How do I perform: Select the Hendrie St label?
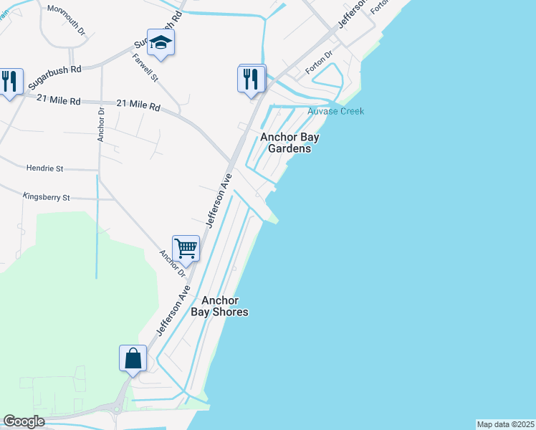[x=44, y=168]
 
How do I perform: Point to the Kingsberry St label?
[x=46, y=196]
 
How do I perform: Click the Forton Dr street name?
[x=320, y=63]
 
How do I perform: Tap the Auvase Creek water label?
[x=335, y=111]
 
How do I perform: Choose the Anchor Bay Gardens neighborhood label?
[x=289, y=143]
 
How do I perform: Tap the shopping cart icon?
[x=186, y=249]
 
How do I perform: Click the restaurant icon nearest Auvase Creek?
[x=251, y=77]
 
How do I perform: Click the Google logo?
[x=24, y=421]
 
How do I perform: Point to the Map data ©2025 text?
[x=505, y=424]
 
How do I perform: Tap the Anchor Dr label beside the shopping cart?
[x=173, y=264]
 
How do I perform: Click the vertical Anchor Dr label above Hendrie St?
[x=101, y=125]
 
